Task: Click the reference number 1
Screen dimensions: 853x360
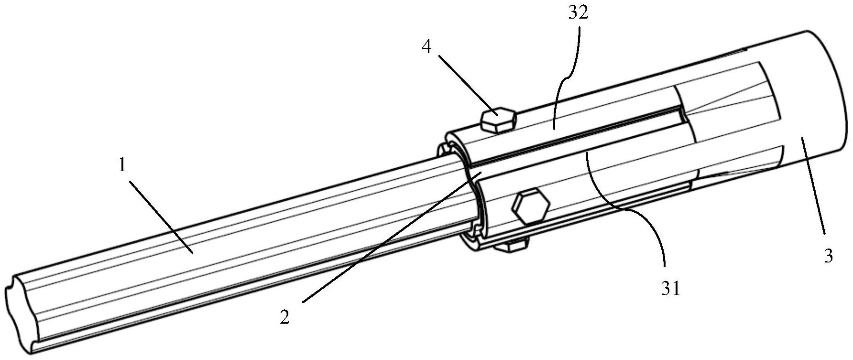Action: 122,166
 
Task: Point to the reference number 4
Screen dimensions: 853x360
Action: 427,47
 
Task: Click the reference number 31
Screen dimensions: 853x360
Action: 670,289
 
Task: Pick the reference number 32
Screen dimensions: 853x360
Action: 578,13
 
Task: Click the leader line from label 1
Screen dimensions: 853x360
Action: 160,215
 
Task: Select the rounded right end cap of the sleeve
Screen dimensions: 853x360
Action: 822,96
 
